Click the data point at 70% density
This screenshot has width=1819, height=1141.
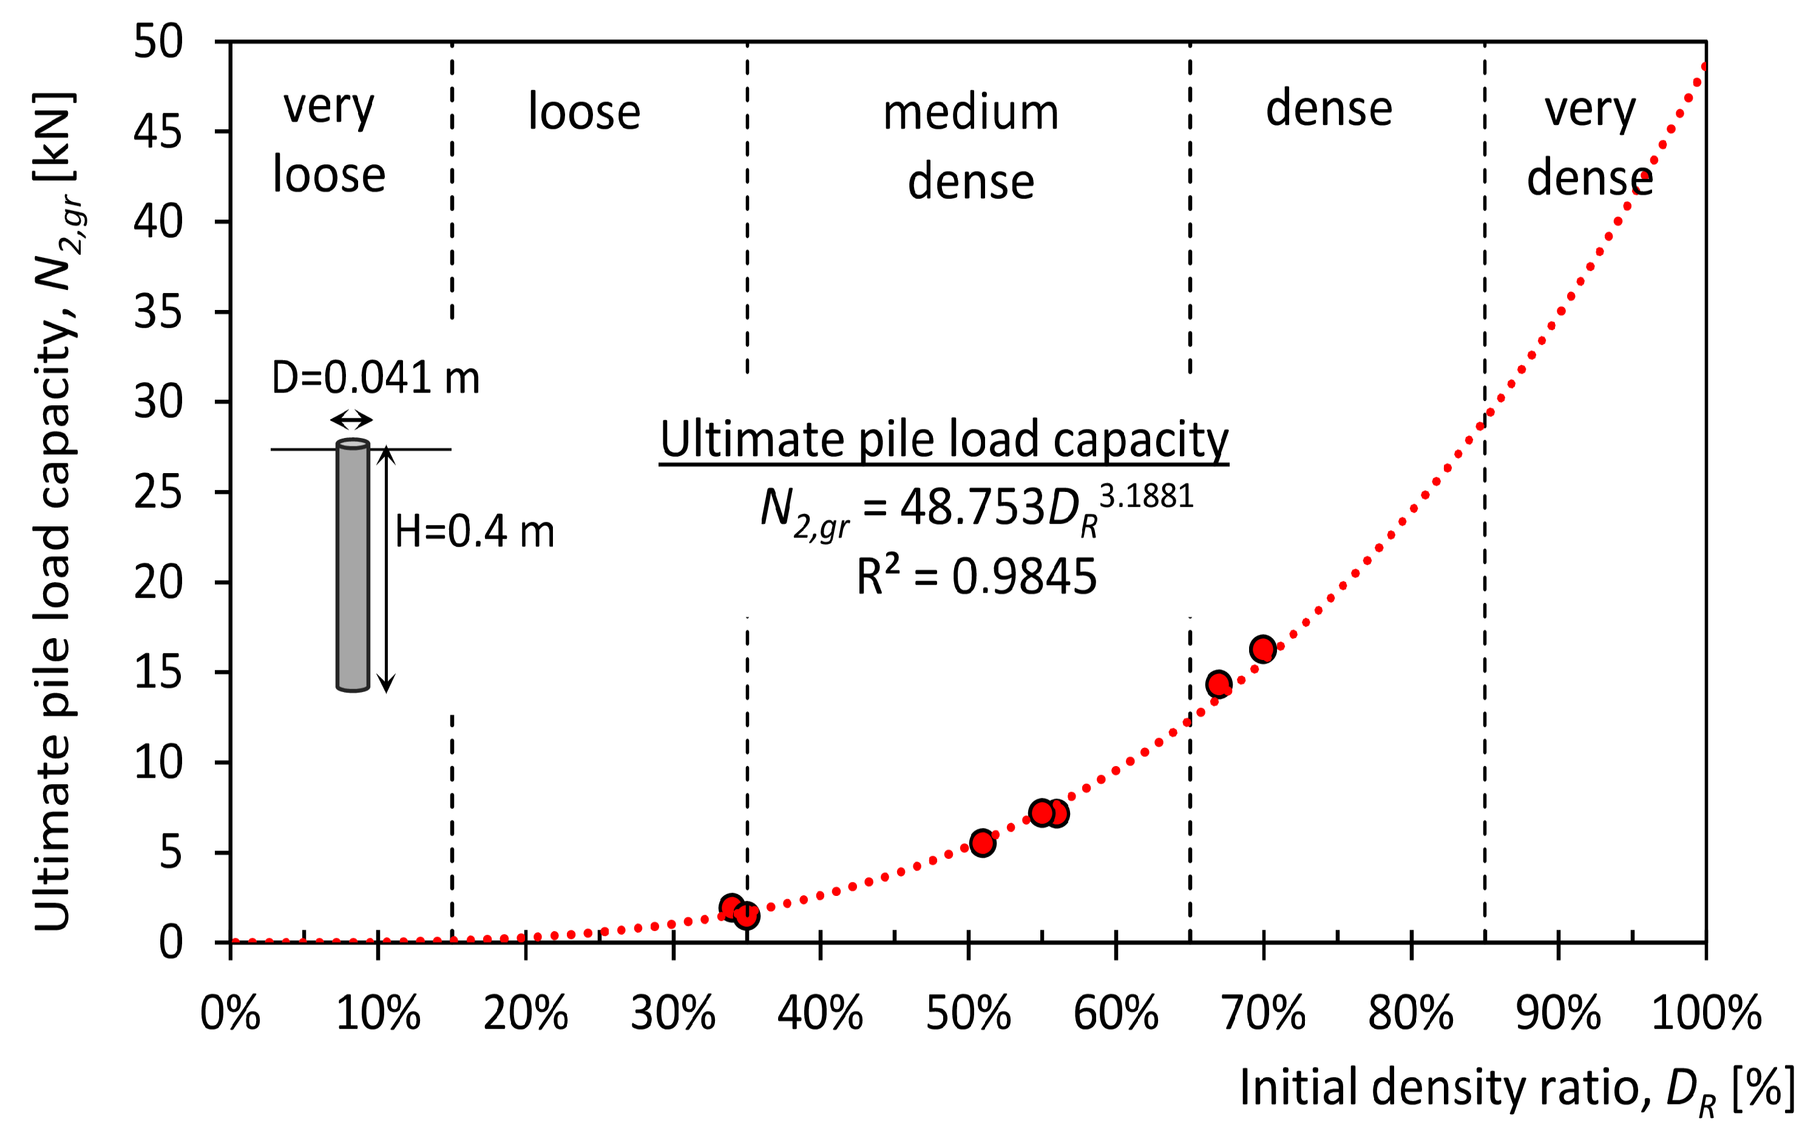pos(1262,649)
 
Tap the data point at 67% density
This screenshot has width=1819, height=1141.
pos(1219,684)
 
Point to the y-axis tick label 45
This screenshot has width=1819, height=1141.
pos(158,133)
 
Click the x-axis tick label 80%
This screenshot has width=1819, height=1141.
pos(1411,1013)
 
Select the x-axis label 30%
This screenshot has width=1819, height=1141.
pos(672,1013)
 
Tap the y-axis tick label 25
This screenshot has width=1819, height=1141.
pos(158,493)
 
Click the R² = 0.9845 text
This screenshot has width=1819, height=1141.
pos(977,577)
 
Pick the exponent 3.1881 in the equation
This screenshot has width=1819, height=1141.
pos(1147,497)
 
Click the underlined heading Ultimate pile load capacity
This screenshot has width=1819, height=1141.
pos(944,439)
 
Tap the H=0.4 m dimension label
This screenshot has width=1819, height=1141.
pos(474,531)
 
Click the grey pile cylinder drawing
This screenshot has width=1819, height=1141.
pos(353,566)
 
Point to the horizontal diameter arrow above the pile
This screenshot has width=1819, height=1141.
pos(352,420)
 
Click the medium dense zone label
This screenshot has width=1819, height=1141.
pos(971,147)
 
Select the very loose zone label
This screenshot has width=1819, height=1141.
pos(329,141)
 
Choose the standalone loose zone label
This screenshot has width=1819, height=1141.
pos(584,112)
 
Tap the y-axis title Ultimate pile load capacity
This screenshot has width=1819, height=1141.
pos(56,513)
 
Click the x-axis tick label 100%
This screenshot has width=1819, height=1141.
pos(1706,1013)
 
